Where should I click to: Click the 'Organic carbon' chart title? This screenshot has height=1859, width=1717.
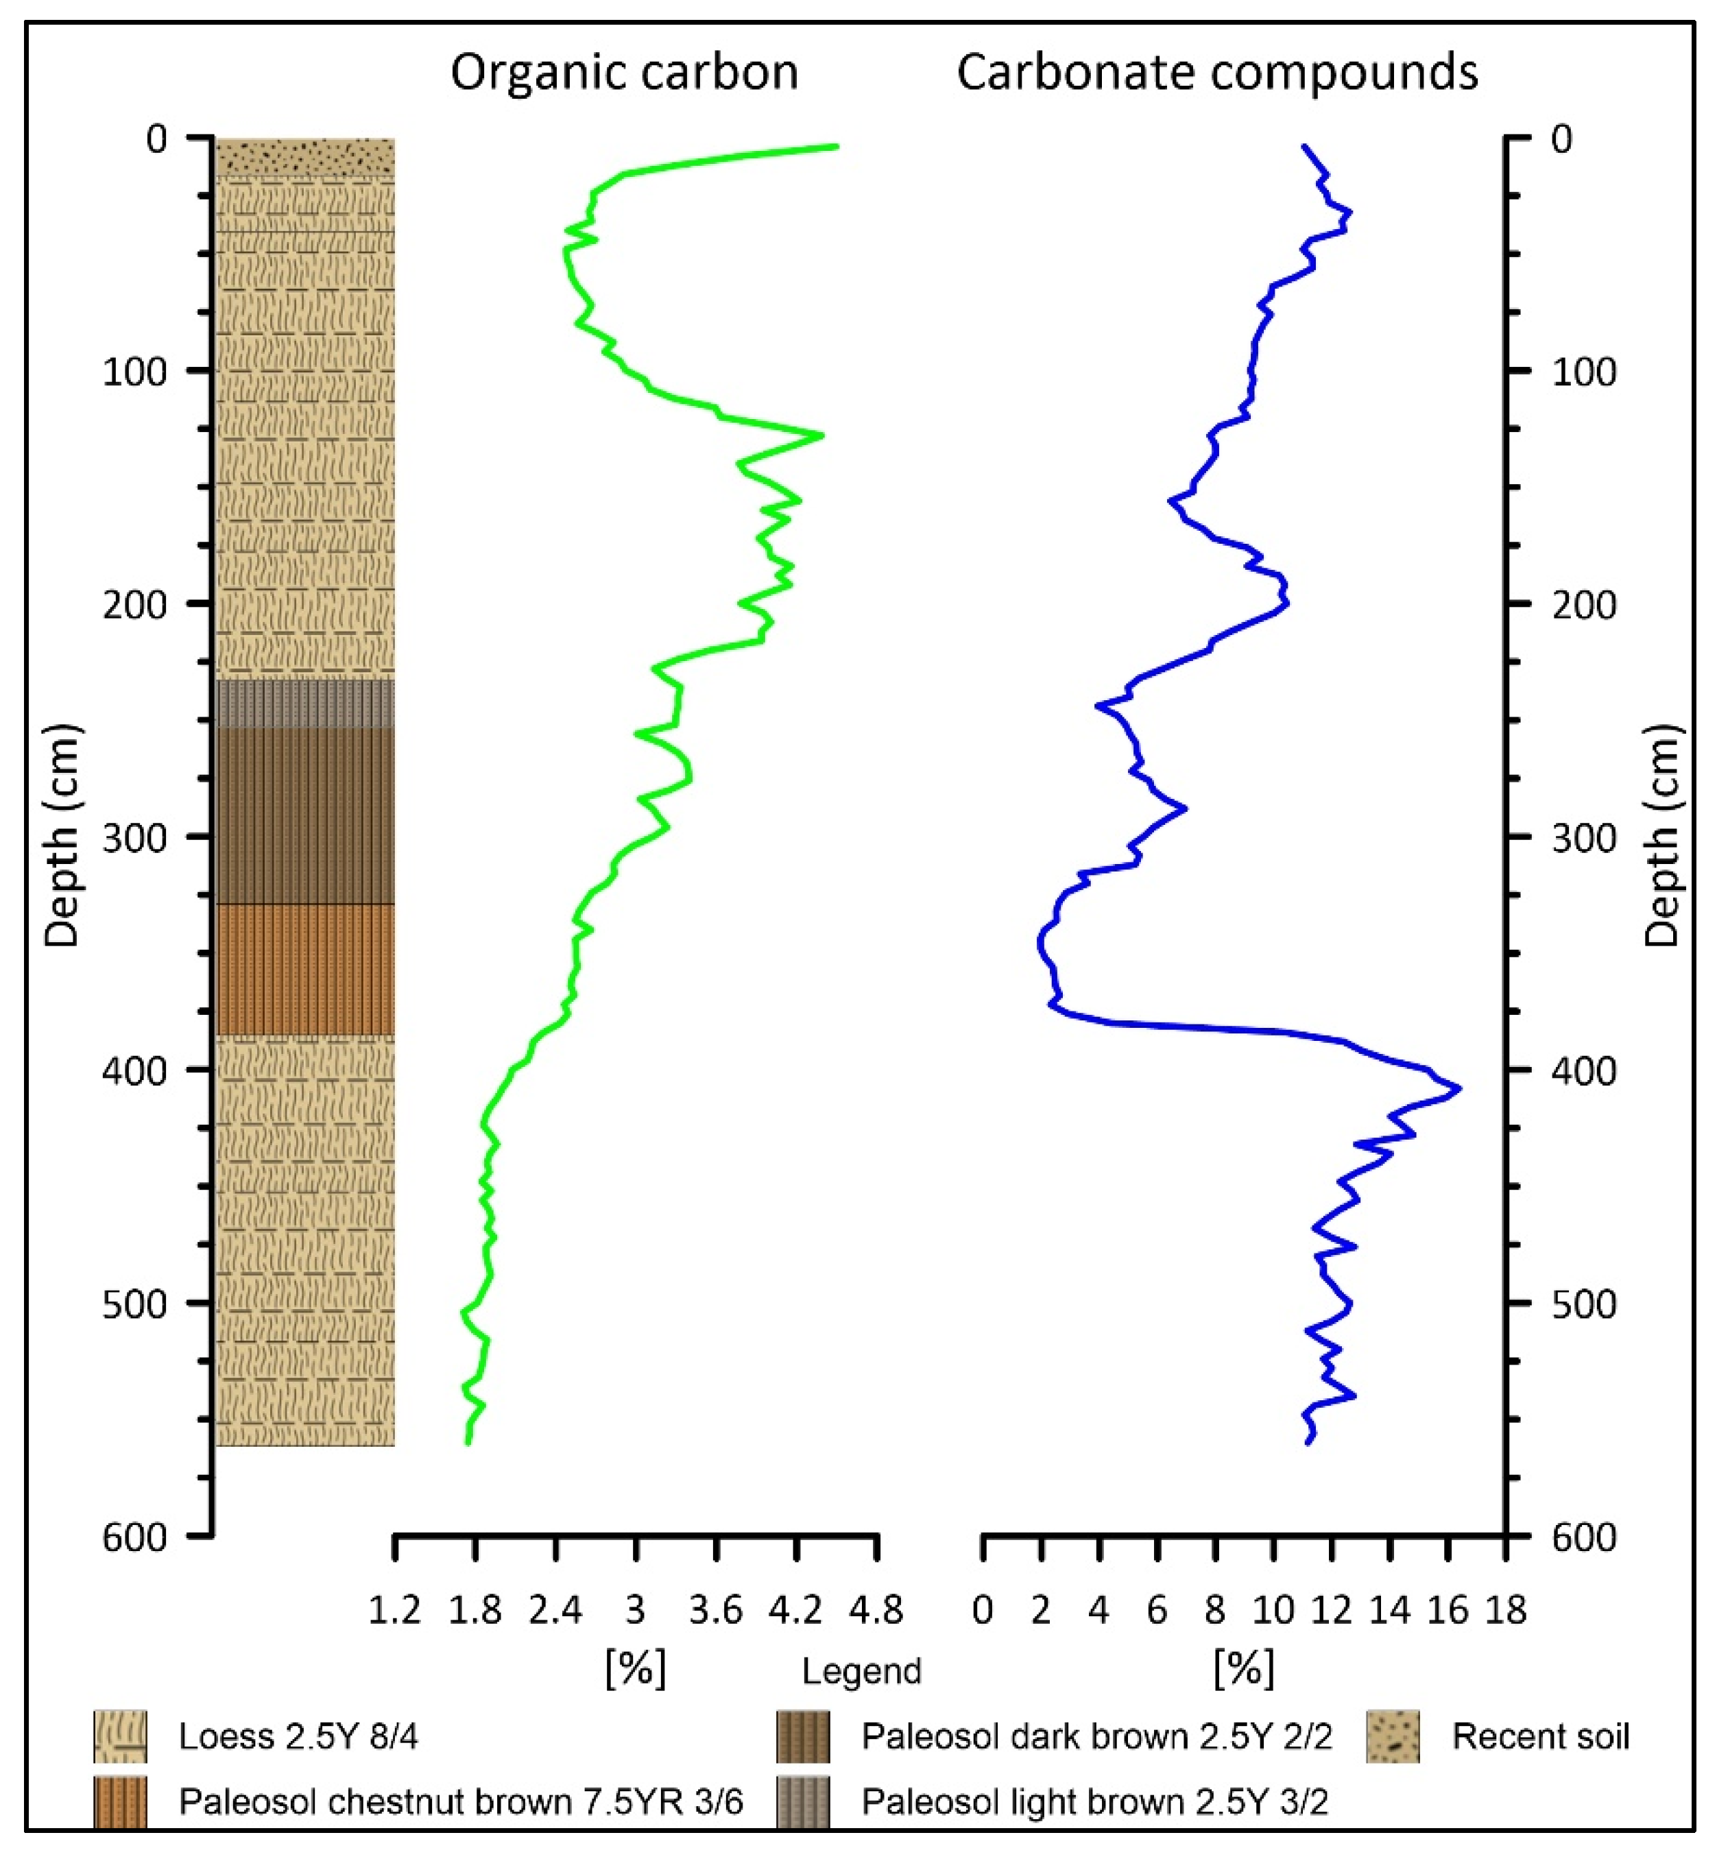625,73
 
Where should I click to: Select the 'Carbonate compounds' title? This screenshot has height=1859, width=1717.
1216,73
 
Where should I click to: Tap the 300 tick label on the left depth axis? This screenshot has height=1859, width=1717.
134,838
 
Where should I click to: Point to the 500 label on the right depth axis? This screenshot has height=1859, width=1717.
1583,1304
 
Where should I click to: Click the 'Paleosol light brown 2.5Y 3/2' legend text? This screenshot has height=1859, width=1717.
1094,1801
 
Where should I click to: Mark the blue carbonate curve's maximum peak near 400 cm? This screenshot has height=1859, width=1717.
1458,1088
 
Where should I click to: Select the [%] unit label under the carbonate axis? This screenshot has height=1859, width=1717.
1243,1668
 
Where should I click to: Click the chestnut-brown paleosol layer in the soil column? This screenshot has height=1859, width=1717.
304,969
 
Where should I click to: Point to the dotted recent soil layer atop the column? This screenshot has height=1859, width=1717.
304,156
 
